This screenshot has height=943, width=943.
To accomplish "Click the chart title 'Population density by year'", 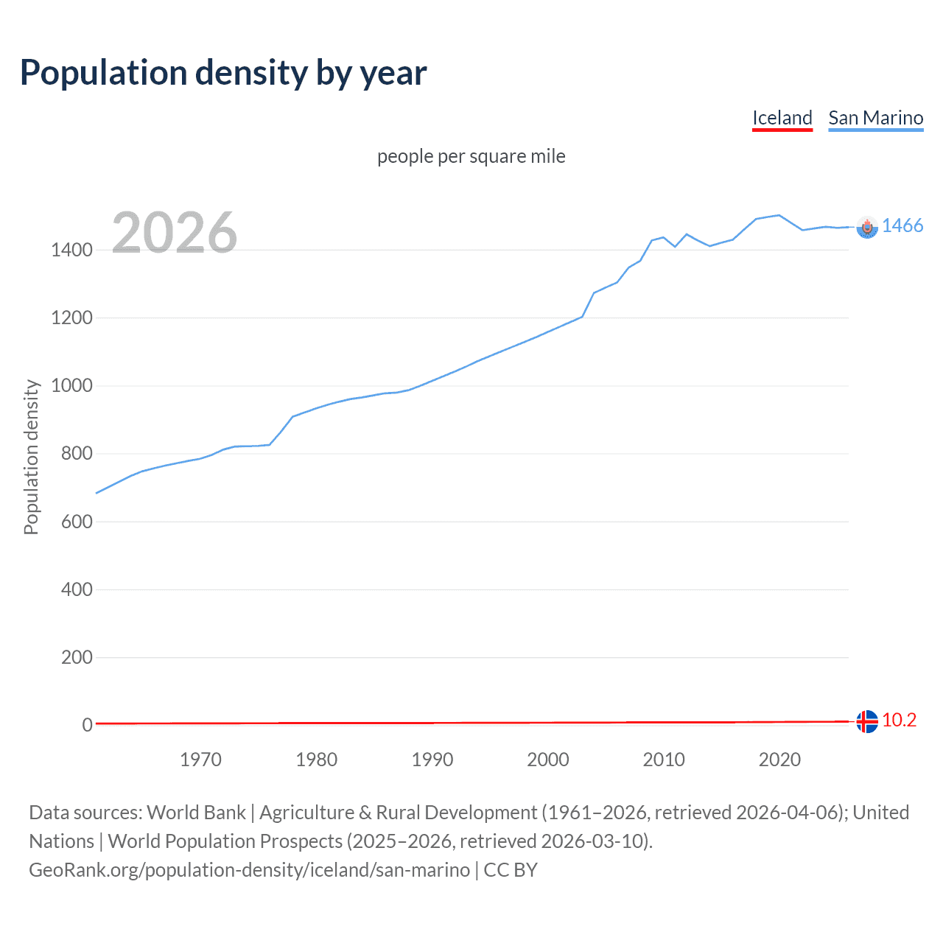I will pos(223,73).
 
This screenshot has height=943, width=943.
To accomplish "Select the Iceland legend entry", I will pos(782,118).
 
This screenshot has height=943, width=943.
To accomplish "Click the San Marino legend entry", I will pos(875,118).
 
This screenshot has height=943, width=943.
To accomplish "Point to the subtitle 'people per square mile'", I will pos(471,156).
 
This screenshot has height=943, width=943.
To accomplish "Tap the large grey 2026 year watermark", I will pos(175,233).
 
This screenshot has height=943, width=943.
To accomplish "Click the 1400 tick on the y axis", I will pos(71,250).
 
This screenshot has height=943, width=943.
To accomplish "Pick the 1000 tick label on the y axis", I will pos(71,386).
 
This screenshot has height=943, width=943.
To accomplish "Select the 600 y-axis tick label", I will pos(77,522).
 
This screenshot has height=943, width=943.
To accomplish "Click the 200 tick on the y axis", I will pos(77,657).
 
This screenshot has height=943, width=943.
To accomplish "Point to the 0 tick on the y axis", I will pos(87,725).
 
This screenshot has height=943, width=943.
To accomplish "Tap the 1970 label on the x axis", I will pos(200,760).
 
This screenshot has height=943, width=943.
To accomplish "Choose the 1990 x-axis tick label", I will pos(432,760).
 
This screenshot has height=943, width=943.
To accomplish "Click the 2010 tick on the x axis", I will pos(664,760).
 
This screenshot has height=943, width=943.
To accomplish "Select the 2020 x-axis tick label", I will pos(779,760).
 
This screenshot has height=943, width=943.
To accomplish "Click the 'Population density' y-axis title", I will pos(31,457).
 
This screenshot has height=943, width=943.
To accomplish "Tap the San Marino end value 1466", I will pos(902,226).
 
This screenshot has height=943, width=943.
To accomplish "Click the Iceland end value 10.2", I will pos(899,721).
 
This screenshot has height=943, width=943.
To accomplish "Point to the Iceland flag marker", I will pos(867,721).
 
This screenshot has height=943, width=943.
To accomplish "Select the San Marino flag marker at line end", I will pos(867,228).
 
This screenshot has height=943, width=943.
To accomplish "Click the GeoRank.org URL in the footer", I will pos(249,870).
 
